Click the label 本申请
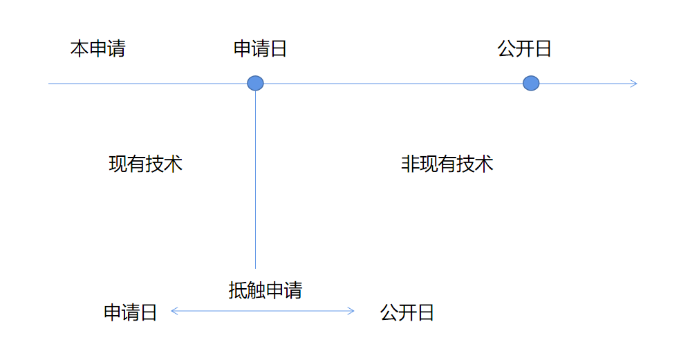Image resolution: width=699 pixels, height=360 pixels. [97, 49]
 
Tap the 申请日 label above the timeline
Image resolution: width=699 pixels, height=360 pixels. [260, 49]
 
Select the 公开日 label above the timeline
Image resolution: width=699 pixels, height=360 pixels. [524, 49]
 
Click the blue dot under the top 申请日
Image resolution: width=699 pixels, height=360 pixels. [256, 84]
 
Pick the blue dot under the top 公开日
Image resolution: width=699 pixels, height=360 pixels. [531, 84]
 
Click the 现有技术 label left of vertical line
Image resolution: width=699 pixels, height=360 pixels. [145, 164]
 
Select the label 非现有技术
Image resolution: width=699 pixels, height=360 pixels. [447, 164]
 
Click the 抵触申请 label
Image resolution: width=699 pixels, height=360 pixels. [265, 290]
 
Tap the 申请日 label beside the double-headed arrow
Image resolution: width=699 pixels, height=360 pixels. [131, 312]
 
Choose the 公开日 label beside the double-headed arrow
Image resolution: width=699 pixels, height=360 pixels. [407, 312]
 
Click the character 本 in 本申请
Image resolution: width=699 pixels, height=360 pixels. [80, 49]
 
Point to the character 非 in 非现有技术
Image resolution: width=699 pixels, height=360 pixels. [410, 164]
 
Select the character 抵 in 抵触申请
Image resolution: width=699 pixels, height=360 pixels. [237, 290]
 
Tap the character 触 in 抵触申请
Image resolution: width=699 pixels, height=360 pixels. [256, 290]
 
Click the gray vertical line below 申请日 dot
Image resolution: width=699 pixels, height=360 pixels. [256, 180]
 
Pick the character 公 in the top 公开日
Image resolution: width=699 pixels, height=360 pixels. [506, 49]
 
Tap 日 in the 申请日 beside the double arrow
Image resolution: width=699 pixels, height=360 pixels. [149, 312]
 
